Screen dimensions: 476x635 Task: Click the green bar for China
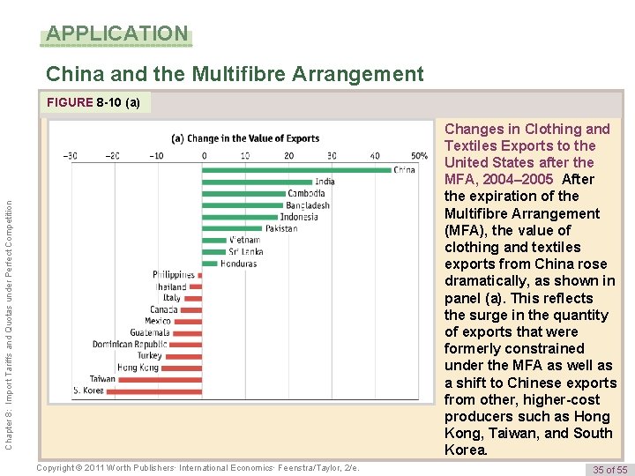tap(295, 170)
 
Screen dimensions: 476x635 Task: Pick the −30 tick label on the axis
tap(70, 156)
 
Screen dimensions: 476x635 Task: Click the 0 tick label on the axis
tap(204, 156)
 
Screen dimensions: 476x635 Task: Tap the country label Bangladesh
tap(308, 205)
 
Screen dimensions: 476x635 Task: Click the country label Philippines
tap(174, 275)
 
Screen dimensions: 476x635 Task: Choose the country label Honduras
tap(239, 263)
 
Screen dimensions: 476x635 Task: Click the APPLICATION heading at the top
tap(117, 34)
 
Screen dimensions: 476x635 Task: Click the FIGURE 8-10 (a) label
tap(93, 102)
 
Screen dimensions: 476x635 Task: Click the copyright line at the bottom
tap(198, 468)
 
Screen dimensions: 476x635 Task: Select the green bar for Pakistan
tap(233, 228)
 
